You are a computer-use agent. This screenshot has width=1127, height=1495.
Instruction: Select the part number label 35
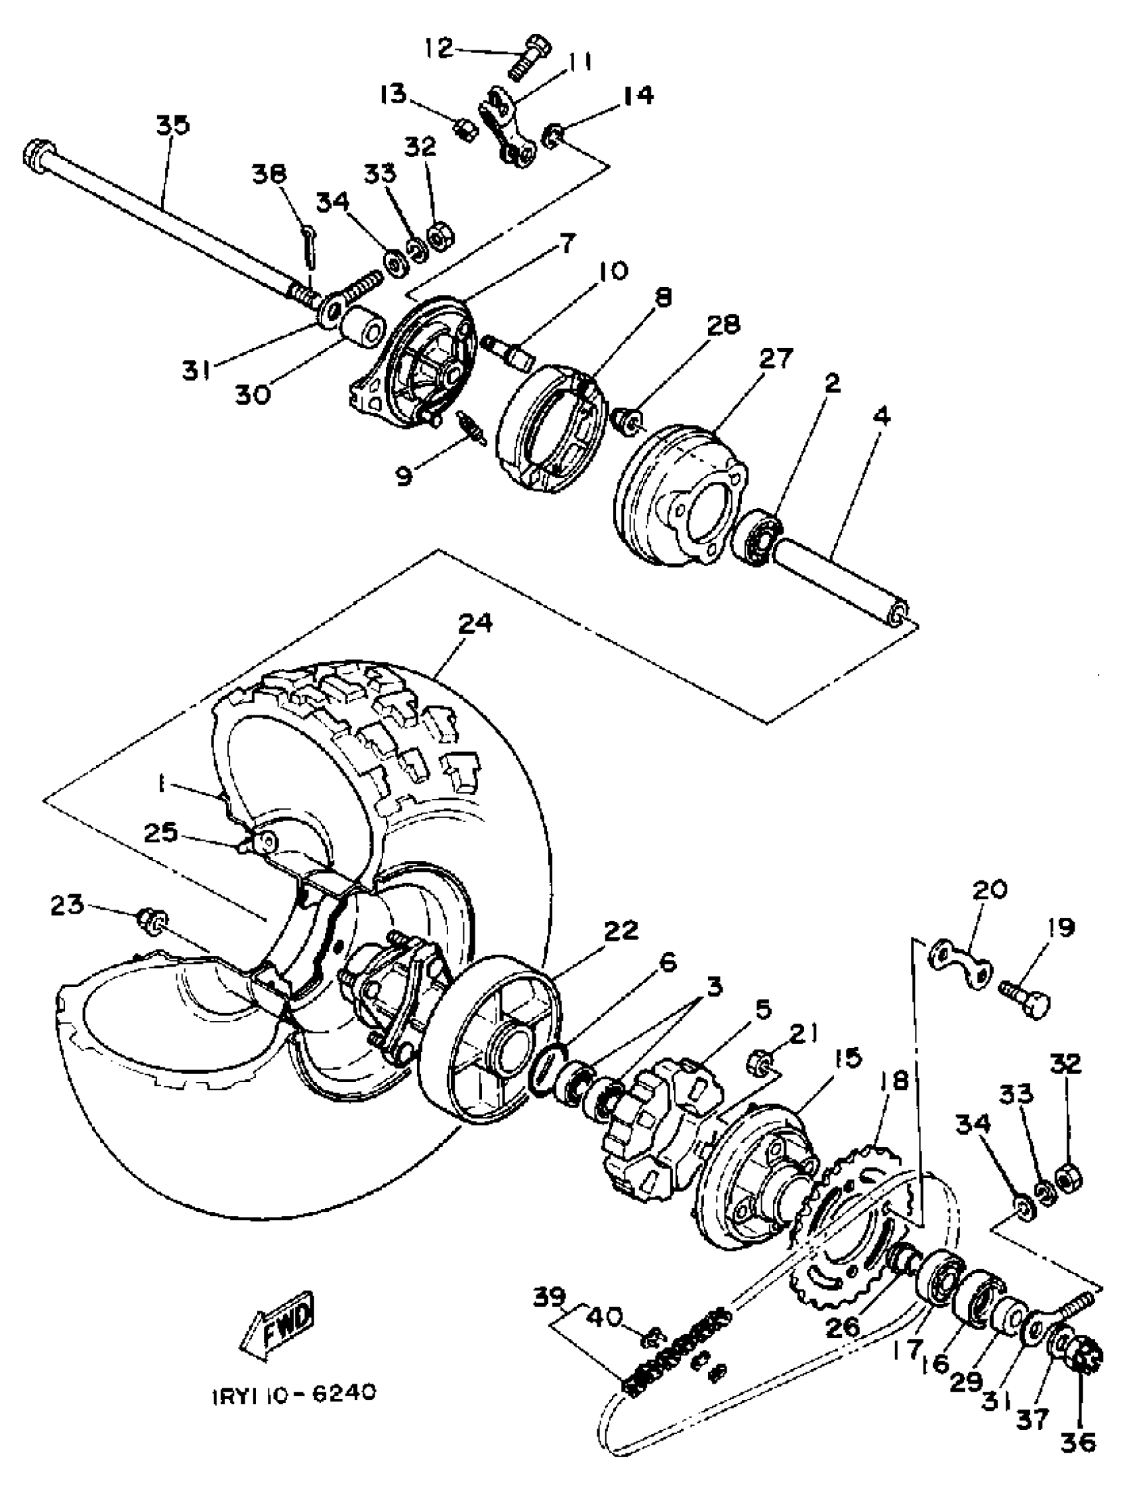click(173, 126)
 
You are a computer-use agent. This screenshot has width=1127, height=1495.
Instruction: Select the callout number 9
click(404, 475)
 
